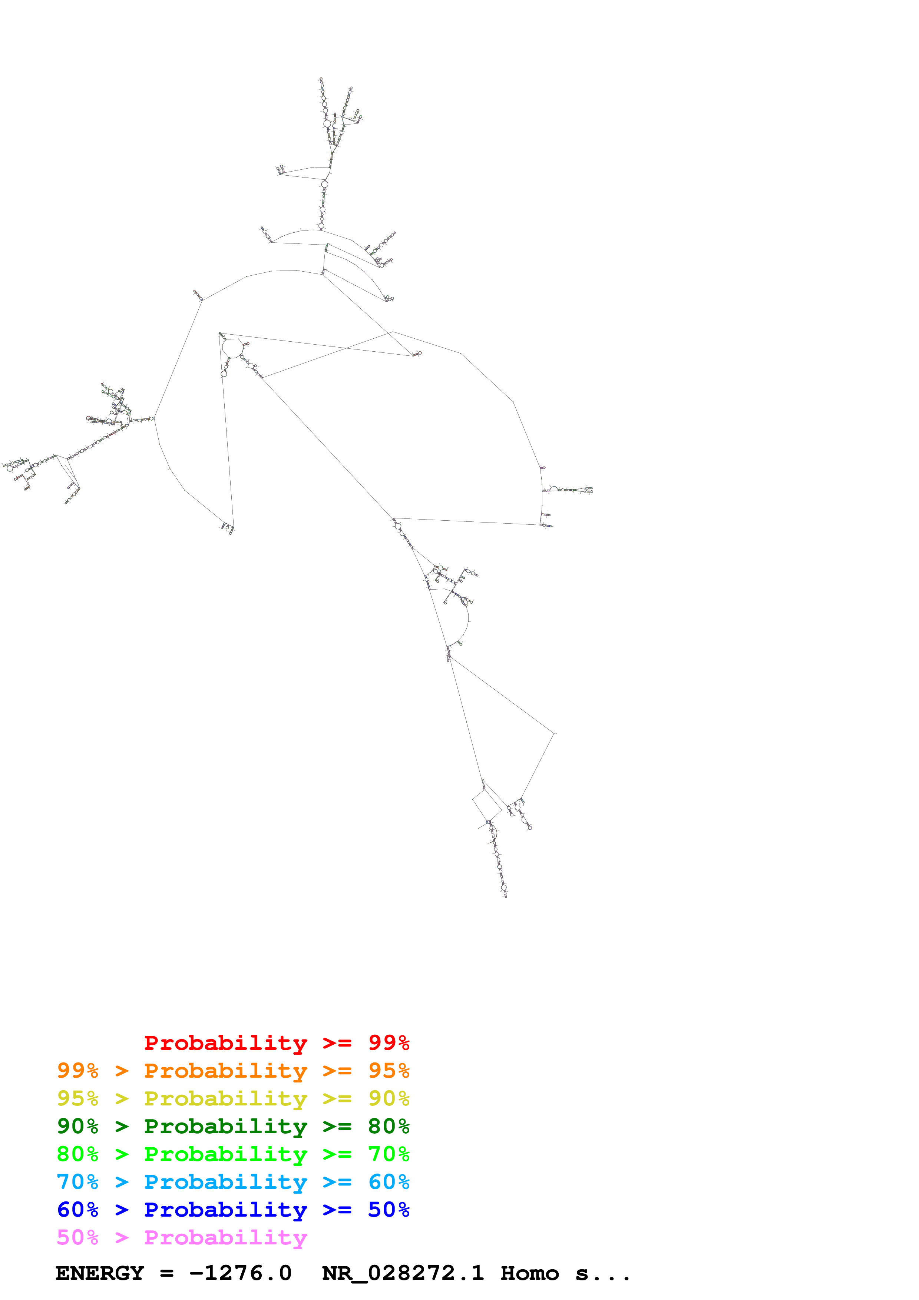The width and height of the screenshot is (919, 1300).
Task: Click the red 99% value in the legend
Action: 389,1043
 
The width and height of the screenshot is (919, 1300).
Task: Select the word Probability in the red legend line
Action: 225,1043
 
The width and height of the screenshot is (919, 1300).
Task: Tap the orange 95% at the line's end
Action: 389,1071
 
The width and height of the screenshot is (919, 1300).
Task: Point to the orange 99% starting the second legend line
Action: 77,1071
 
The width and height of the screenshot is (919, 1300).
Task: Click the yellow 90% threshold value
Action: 389,1098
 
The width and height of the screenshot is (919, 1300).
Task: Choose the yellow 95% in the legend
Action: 77,1098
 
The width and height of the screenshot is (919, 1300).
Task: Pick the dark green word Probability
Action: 225,1126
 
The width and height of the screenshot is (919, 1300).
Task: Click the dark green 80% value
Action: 389,1126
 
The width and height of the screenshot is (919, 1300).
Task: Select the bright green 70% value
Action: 389,1154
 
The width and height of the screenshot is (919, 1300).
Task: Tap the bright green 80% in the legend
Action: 77,1154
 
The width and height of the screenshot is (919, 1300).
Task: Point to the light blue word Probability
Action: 225,1182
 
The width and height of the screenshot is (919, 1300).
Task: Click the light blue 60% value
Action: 389,1182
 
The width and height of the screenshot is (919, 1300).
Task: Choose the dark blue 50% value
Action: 389,1210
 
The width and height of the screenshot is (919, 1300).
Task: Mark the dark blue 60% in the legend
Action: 77,1210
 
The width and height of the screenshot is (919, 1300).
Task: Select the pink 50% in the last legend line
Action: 77,1237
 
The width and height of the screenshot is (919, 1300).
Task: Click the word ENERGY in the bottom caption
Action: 100,1273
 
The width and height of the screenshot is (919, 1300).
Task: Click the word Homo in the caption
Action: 529,1273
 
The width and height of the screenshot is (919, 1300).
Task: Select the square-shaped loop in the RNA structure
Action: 486,805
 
